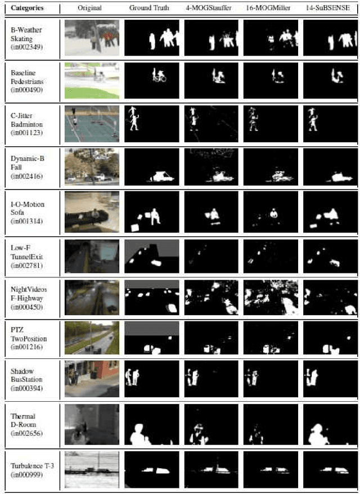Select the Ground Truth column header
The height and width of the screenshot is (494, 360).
point(151,8)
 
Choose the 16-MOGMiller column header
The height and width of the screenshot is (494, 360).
point(271,8)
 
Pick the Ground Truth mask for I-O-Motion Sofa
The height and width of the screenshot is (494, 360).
point(151,211)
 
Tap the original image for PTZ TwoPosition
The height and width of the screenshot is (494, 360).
point(92,337)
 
